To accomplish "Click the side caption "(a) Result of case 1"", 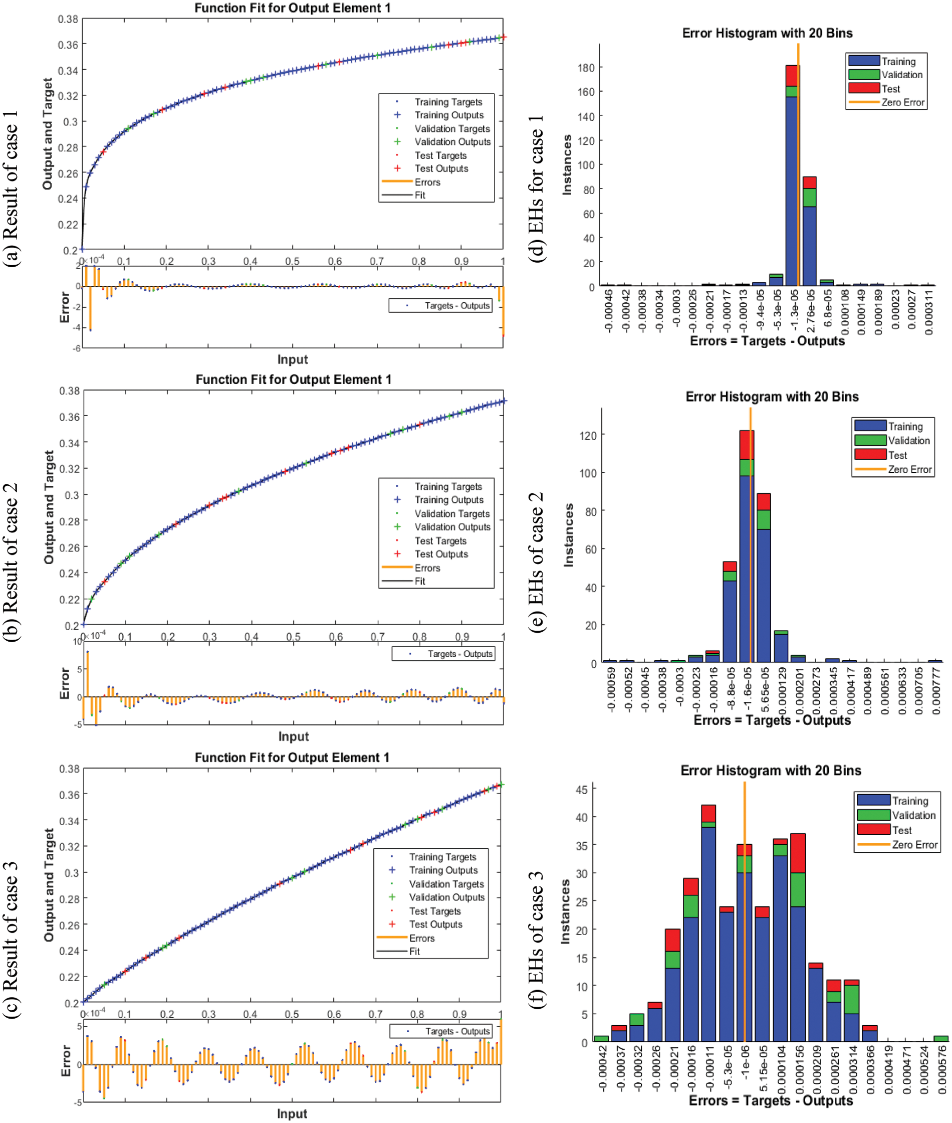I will (x=11, y=189).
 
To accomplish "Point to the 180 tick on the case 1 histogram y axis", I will (x=586, y=68).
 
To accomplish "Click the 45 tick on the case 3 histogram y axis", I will (x=581, y=789).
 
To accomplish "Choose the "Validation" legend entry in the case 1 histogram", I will (x=902, y=75).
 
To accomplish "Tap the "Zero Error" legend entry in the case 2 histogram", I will (x=909, y=469).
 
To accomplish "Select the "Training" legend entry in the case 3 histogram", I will (x=910, y=801).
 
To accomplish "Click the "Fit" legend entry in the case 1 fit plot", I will (x=420, y=195).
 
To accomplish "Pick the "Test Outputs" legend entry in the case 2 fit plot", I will (x=441, y=554).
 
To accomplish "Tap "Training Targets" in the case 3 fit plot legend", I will (x=442, y=857).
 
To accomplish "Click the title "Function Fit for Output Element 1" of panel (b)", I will (x=293, y=380).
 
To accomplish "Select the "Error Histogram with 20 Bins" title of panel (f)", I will (x=771, y=771).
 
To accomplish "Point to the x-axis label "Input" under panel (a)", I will (x=293, y=359).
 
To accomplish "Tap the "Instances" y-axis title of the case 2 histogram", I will (x=568, y=534).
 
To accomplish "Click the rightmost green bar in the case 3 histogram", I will (x=940, y=1038).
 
